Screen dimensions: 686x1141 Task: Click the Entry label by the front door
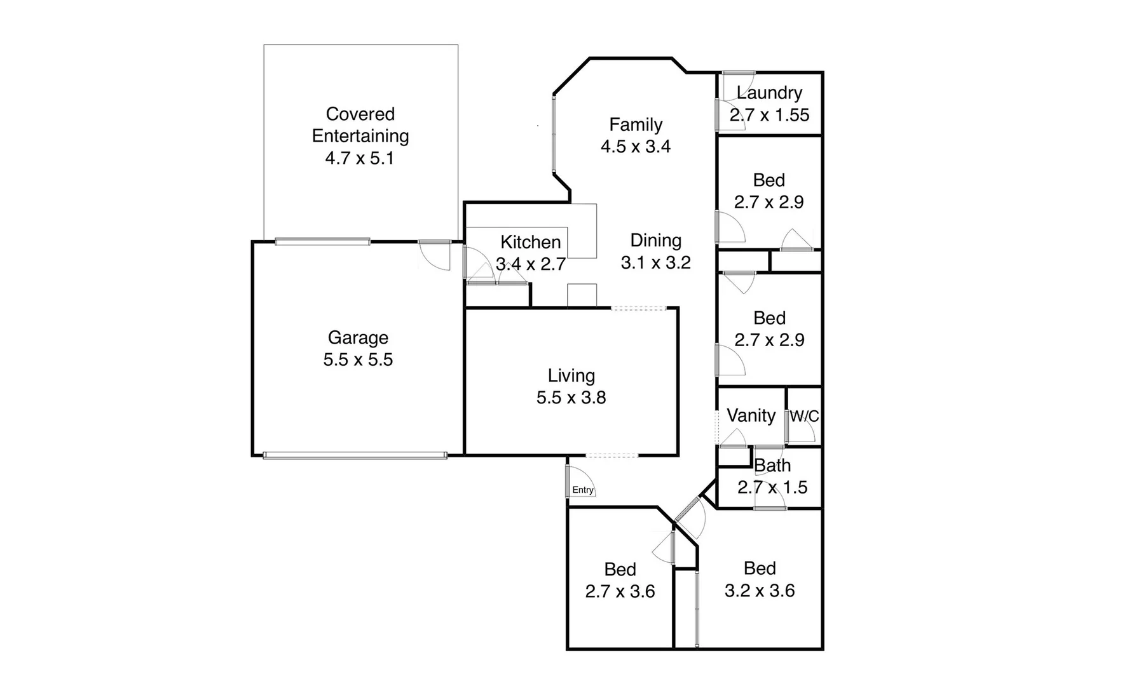pos(582,490)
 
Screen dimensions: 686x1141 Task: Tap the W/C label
pos(804,417)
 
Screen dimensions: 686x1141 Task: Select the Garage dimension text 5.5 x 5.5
pos(358,360)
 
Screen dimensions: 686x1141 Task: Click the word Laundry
pos(769,93)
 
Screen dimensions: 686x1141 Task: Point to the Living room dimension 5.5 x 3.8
pos(571,398)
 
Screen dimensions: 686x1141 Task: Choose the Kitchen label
pos(530,242)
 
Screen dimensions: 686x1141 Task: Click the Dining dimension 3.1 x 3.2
pos(655,262)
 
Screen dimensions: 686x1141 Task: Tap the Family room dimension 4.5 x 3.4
pos(636,146)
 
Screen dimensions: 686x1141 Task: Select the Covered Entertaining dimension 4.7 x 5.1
pos(360,158)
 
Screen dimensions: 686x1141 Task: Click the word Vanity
pos(751,415)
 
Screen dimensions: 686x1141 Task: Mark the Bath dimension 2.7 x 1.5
pos(772,487)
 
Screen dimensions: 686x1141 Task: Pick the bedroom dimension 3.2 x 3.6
pos(760,591)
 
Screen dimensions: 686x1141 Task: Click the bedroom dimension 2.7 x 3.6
pos(620,591)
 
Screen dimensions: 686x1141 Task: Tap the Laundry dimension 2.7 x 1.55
pos(769,115)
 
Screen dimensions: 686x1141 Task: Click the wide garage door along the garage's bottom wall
pos(355,455)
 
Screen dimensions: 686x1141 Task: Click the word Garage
pos(358,337)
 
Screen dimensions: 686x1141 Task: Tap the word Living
pos(571,375)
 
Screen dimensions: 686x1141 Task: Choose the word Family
pos(636,124)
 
